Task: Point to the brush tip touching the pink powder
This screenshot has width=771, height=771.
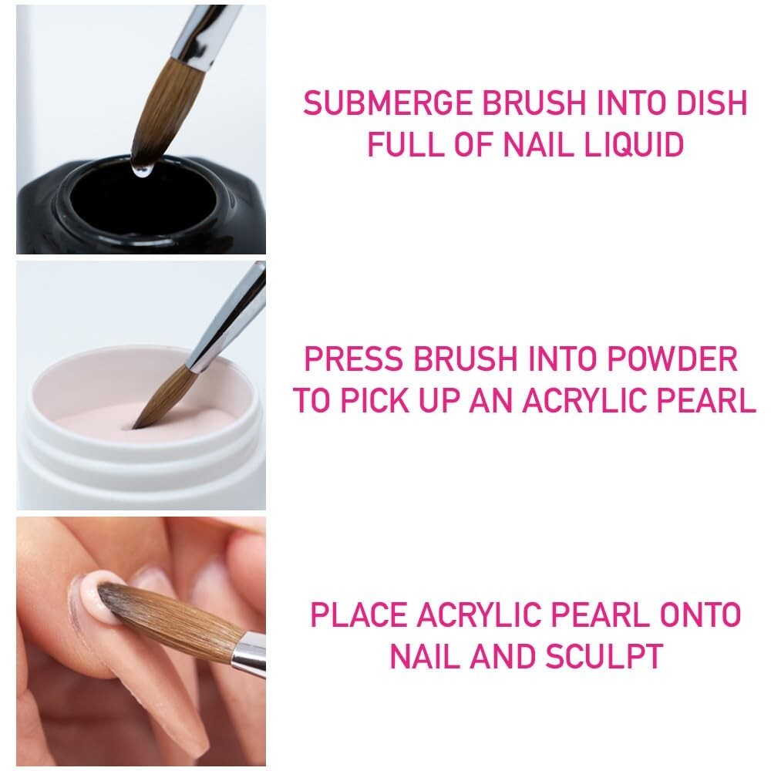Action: pyautogui.click(x=139, y=423)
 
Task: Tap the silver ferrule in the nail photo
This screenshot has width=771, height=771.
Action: pyautogui.click(x=249, y=655)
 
